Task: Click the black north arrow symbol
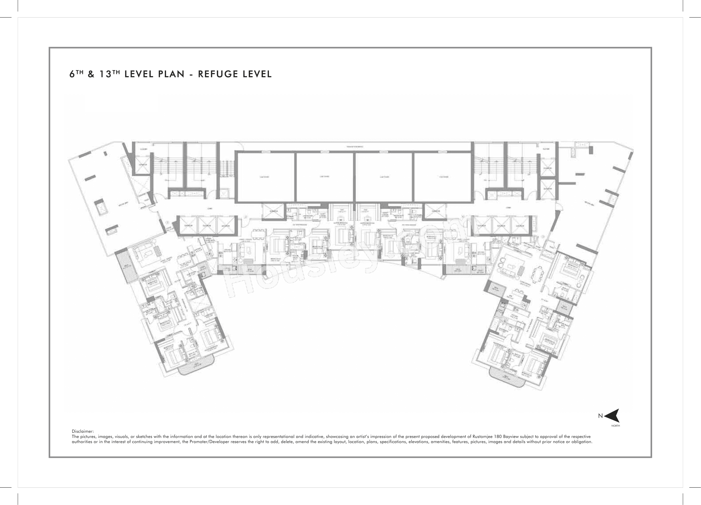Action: (x=612, y=416)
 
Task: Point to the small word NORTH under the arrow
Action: (x=615, y=426)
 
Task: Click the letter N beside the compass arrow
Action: (x=600, y=416)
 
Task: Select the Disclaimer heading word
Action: (x=82, y=431)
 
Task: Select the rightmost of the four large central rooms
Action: (x=443, y=177)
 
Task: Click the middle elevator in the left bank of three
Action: (x=207, y=226)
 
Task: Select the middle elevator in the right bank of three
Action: (x=501, y=226)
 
